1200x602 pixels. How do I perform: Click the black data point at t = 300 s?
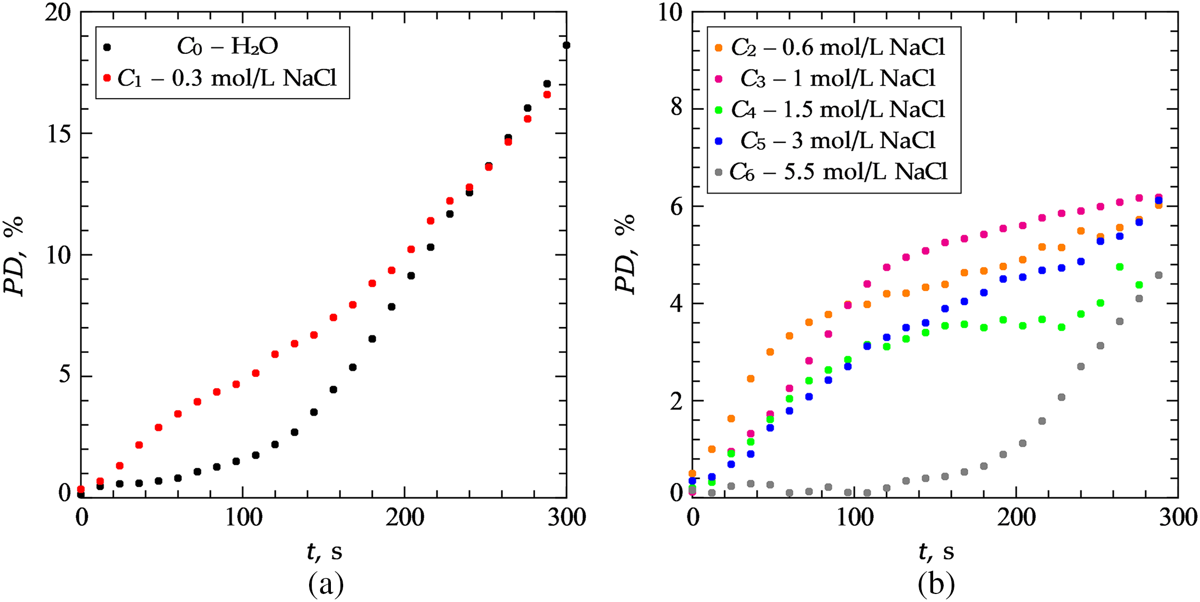(566, 45)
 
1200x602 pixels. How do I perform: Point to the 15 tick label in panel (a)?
(59, 134)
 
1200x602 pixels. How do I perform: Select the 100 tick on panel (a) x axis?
(244, 518)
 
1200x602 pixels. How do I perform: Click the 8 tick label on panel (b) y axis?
(676, 108)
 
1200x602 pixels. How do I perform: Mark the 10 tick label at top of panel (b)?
(670, 13)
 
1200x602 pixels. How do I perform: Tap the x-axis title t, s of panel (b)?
(936, 551)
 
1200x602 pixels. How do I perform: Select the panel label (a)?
(326, 584)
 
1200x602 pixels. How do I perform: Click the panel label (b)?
(936, 584)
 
